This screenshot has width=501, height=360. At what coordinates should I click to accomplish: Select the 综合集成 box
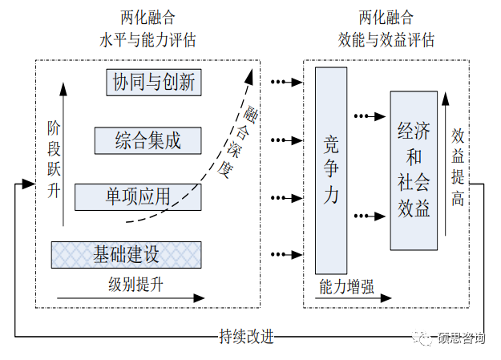(x=147, y=140)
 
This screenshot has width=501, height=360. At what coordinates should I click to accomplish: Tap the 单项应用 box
(x=138, y=196)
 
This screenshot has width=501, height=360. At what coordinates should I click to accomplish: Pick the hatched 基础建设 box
(x=126, y=255)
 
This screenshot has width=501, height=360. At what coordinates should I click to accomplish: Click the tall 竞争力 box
(x=331, y=170)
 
